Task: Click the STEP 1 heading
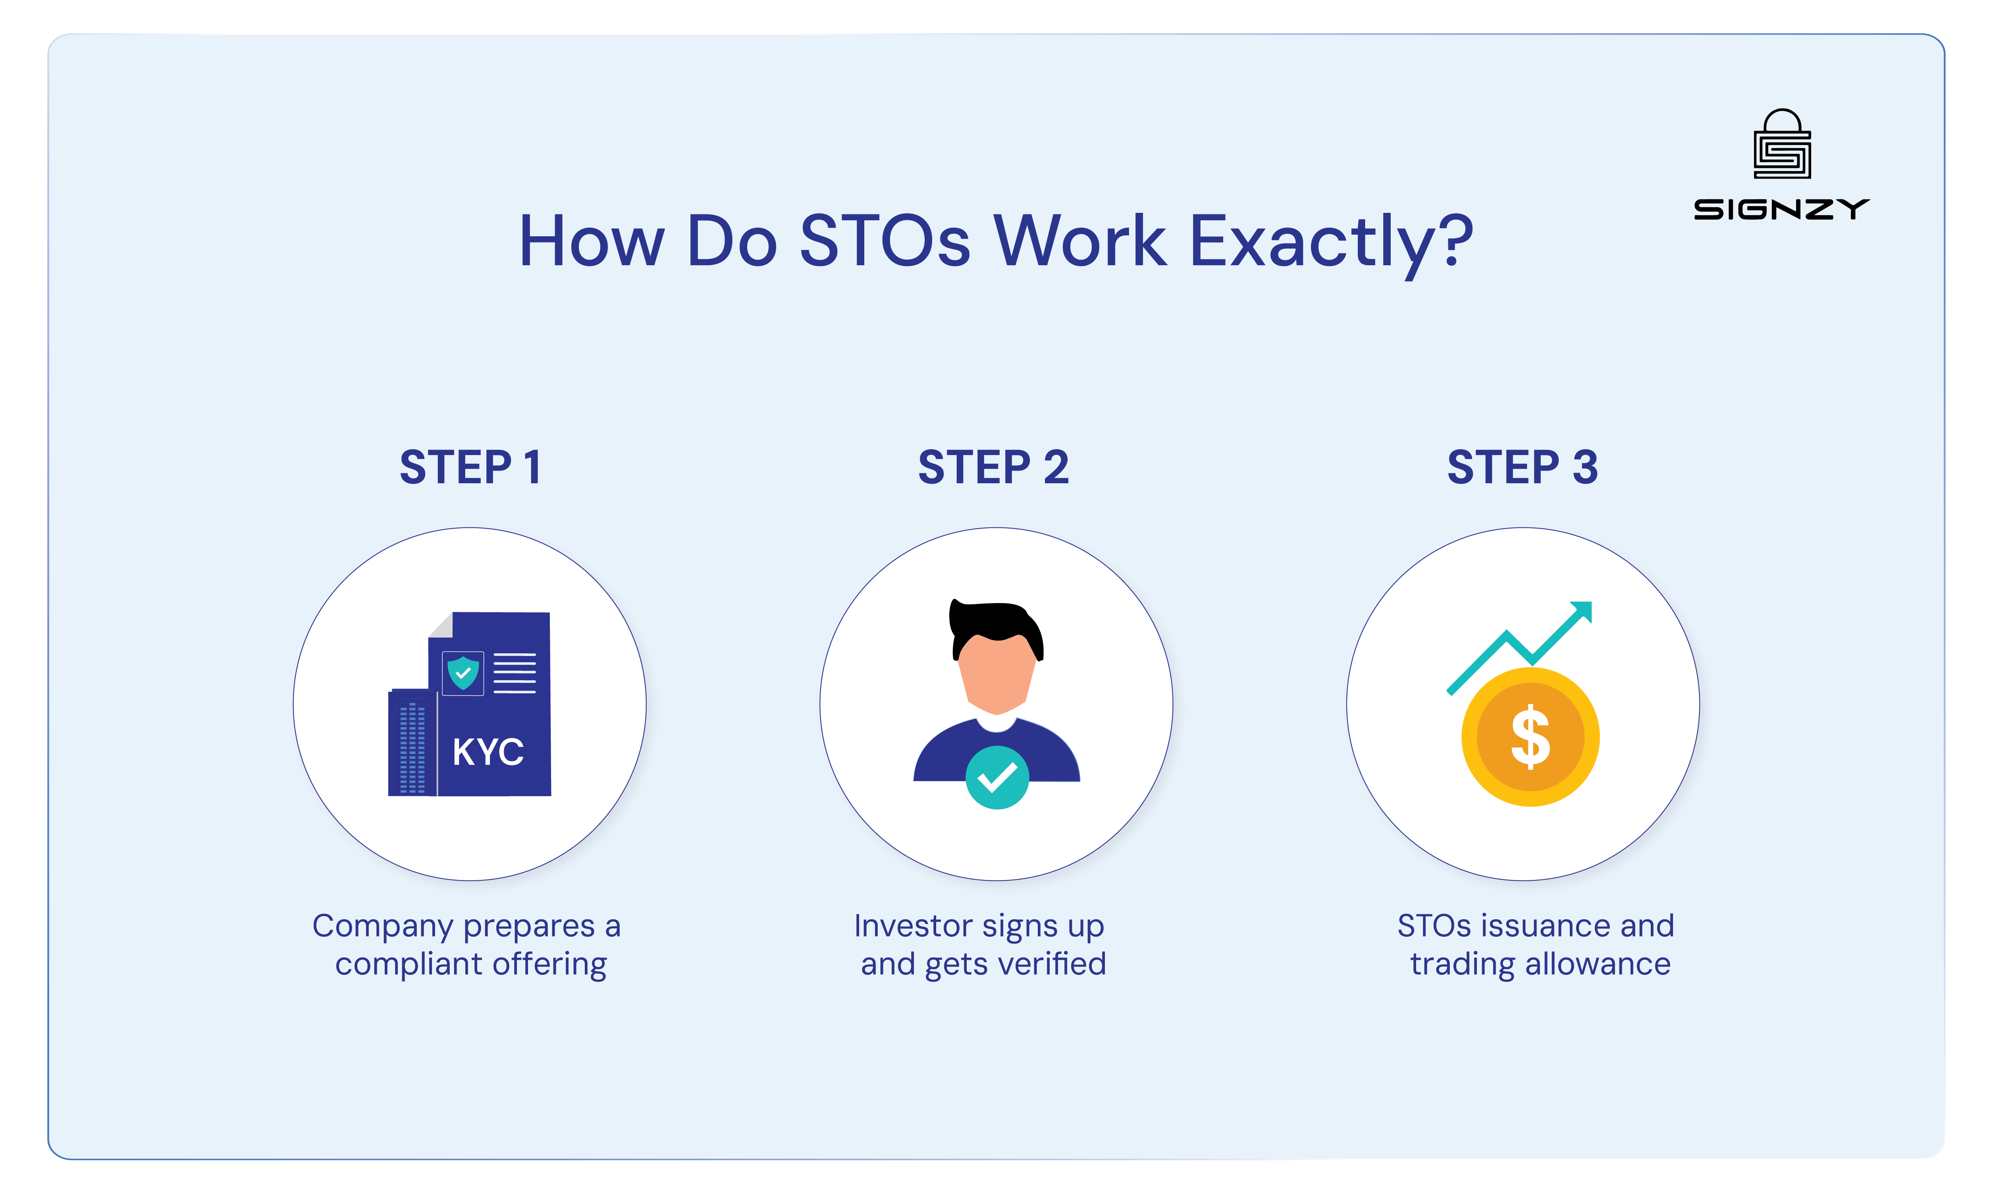click(x=471, y=467)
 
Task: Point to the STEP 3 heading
click(x=1522, y=467)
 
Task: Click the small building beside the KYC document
click(x=412, y=744)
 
